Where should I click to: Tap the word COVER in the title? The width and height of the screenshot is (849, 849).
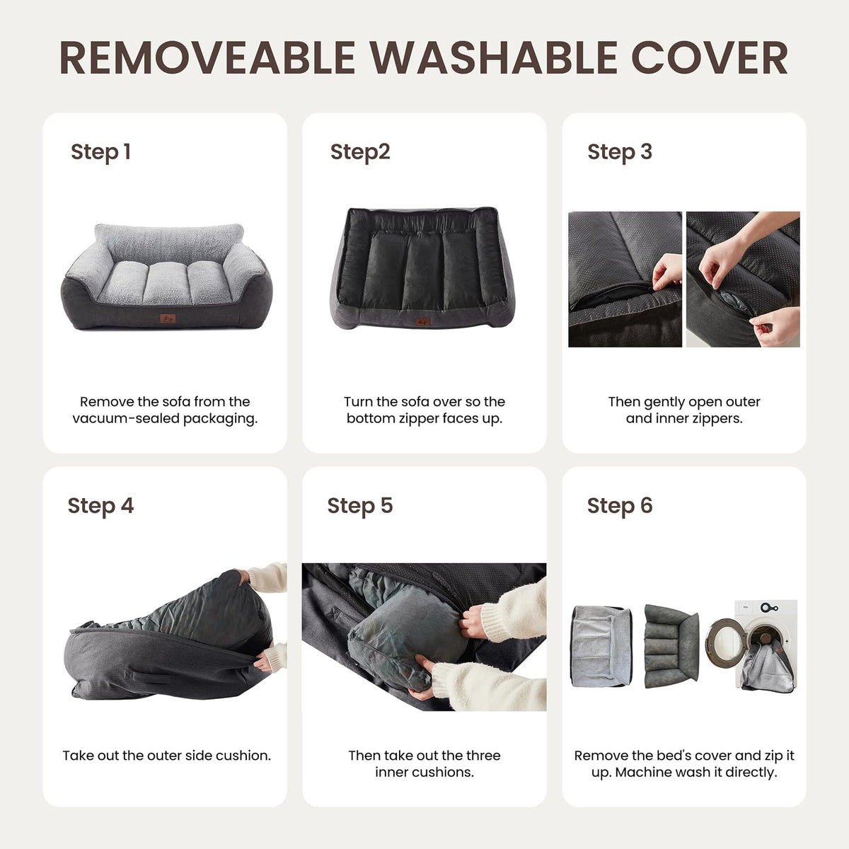(710, 58)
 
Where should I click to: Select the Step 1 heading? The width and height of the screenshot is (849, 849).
(100, 152)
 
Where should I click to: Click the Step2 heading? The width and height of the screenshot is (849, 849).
(360, 152)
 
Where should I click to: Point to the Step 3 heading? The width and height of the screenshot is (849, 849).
(620, 152)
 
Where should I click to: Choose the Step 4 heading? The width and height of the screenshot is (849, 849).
(100, 507)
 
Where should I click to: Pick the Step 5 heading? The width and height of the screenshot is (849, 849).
(359, 507)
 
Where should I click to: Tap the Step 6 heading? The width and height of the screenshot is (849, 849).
(620, 507)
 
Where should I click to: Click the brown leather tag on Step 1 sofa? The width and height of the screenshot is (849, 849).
(168, 318)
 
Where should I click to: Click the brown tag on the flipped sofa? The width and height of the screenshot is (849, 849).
(423, 322)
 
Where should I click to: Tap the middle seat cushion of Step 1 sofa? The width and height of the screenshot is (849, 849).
(166, 282)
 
